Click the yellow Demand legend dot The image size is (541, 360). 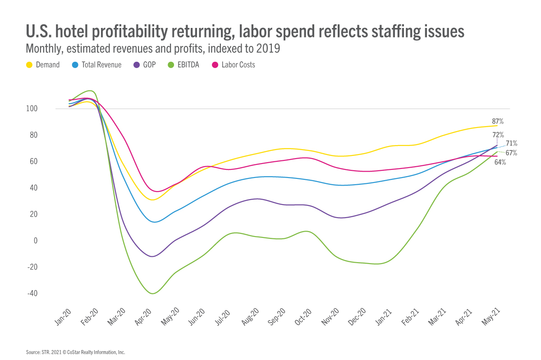point(29,65)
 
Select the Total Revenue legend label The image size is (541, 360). point(101,65)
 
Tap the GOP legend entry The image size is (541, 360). point(149,65)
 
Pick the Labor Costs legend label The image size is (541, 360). point(238,65)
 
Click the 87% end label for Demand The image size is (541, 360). point(498,121)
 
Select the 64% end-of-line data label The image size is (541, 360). point(500,162)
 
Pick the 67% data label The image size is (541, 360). point(511,153)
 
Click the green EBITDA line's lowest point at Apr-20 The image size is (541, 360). point(153,294)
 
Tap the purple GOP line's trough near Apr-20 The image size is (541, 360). point(153,256)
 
